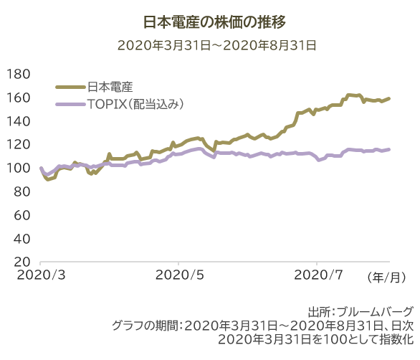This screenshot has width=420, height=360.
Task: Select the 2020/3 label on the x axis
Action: pos(40,275)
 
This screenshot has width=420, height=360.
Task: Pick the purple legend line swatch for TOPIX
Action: pos(70,105)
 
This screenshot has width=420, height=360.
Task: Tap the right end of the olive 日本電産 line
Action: pos(389,98)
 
